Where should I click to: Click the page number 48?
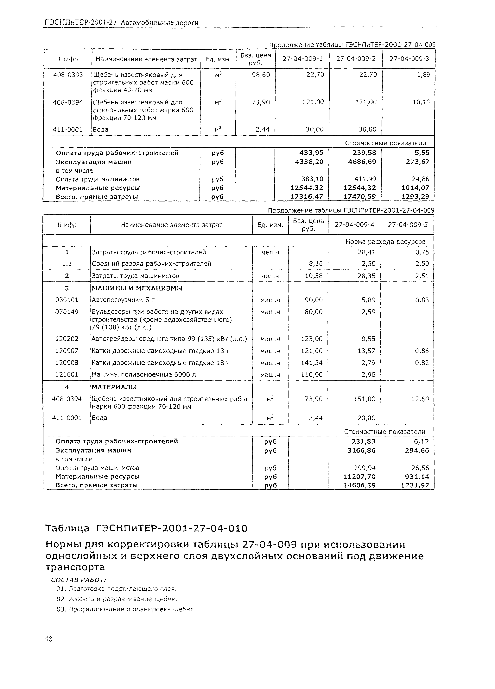(x=48, y=639)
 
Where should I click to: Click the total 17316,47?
(x=307, y=197)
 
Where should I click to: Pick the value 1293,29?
(x=415, y=197)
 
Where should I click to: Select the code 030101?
(x=67, y=300)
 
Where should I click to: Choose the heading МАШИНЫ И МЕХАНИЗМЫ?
(x=137, y=288)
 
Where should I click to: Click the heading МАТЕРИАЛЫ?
(x=114, y=387)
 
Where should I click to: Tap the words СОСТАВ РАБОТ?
(x=78, y=580)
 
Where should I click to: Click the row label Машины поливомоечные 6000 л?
(x=144, y=375)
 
